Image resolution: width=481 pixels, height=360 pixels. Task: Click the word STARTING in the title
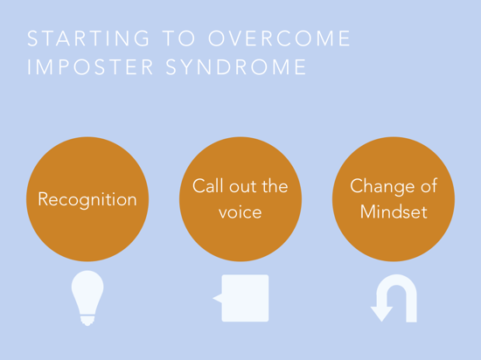coord(88,38)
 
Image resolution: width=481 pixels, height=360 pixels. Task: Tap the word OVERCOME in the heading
coord(280,38)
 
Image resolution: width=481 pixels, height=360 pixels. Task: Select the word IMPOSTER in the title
coord(90,66)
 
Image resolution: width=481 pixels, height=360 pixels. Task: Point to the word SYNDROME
coord(236,66)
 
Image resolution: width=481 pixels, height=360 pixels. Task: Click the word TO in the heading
coord(178,38)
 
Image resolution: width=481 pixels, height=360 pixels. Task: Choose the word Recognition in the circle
coord(87,200)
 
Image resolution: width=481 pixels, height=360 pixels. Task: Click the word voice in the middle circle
coord(240,212)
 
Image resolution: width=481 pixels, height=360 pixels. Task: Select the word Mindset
coord(394,211)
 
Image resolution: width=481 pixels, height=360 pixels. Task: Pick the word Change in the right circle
coord(382,187)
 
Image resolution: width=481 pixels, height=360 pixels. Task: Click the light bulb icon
coord(87,298)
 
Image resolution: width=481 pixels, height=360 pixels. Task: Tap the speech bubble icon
coord(240,298)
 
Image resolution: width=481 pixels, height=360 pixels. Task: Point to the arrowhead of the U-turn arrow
coord(381,314)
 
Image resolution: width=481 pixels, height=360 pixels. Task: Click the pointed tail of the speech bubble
coord(217,298)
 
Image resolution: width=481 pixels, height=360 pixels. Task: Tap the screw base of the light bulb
coord(87,321)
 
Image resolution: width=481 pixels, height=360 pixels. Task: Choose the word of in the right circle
coord(429,185)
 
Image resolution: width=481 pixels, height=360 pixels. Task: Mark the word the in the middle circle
coord(275,185)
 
